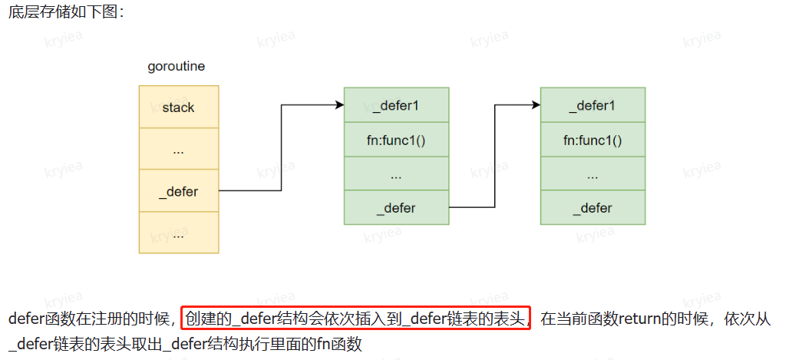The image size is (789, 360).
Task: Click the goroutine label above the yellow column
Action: pyautogui.click(x=176, y=67)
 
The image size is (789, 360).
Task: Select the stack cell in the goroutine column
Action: pyautogui.click(x=178, y=107)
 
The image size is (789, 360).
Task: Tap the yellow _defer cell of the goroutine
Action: pyautogui.click(x=178, y=192)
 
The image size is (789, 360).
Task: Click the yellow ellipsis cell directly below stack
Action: pyautogui.click(x=178, y=150)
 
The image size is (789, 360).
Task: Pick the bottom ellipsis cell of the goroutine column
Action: pyautogui.click(x=178, y=233)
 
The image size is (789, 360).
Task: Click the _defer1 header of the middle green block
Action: pyautogui.click(x=396, y=105)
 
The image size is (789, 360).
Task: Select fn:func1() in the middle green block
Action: pyautogui.click(x=396, y=140)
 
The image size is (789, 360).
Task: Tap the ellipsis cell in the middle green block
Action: pyautogui.click(x=396, y=174)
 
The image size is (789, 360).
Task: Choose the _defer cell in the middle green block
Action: pyautogui.click(x=396, y=208)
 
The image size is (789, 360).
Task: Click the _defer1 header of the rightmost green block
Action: pyautogui.click(x=593, y=105)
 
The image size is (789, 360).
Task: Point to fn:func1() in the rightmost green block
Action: pyautogui.click(x=593, y=140)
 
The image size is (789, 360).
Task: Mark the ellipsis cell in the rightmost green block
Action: pyautogui.click(x=593, y=174)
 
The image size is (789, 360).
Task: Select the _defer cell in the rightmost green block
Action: pyautogui.click(x=593, y=208)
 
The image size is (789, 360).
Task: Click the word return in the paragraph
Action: pyautogui.click(x=639, y=318)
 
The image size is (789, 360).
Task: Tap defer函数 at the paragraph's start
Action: pyautogui.click(x=39, y=318)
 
